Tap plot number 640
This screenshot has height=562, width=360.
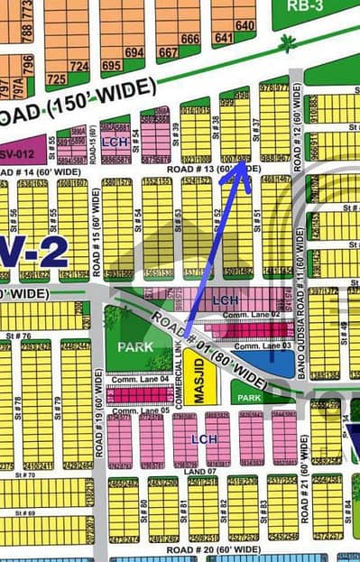click(x=245, y=25)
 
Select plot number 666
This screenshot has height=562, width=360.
click(x=189, y=39)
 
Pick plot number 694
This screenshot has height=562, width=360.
click(x=134, y=52)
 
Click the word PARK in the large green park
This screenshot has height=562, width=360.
click(x=129, y=346)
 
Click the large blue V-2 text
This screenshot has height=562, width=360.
click(x=34, y=253)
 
